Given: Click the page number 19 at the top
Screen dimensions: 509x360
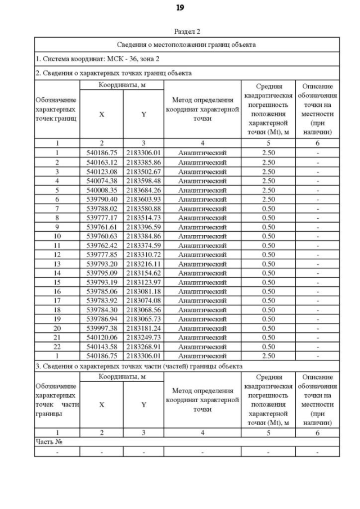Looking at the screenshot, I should pos(179,8).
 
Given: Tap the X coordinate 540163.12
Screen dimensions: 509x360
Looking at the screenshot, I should pos(101,162).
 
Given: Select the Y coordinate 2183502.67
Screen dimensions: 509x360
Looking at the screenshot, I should pos(143,171).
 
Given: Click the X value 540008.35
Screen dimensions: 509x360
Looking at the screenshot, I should pos(101,190).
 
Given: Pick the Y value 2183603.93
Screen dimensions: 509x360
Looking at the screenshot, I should pos(143,199).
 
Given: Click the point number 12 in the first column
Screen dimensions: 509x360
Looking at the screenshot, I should pos(57,254).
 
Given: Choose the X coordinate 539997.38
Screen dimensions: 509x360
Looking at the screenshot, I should pos(101,328).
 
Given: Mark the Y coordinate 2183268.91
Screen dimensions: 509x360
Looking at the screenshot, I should pos(143,346).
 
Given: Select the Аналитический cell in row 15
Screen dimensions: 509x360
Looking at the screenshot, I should pos(202,282).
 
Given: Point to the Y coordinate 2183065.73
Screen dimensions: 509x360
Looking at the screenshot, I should pos(143,319).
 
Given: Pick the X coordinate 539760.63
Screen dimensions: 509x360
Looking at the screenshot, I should pos(101,236).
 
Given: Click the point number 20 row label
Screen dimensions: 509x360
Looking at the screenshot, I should pos(57,328).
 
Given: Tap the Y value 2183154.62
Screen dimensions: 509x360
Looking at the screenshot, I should pos(143,273).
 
